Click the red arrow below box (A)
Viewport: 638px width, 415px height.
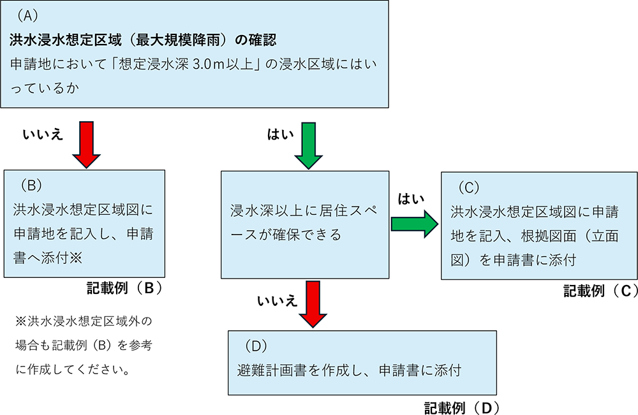(x=87, y=143)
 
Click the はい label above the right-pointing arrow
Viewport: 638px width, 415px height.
(x=412, y=199)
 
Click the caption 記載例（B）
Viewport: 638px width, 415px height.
(x=125, y=288)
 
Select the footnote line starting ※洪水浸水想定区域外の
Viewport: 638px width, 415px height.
(x=84, y=319)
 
